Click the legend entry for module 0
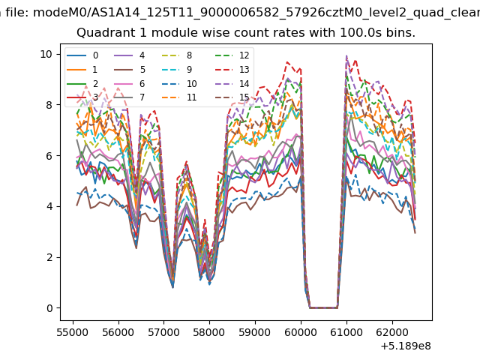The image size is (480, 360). [x=82, y=55]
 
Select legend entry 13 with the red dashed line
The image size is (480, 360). [x=232, y=70]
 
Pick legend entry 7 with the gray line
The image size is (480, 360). [x=129, y=97]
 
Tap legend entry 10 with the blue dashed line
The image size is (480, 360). [x=179, y=84]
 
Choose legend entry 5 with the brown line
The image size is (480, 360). [x=129, y=70]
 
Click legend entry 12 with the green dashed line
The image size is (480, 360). [x=232, y=55]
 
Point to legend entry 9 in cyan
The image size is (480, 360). [x=177, y=70]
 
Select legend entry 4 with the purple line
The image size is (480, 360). [x=129, y=55]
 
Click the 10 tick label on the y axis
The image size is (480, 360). [x=46, y=54]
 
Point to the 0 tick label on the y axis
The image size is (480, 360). [x=49, y=308]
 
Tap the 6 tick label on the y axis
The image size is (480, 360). [x=49, y=155]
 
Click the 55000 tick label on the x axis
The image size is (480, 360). [x=73, y=332]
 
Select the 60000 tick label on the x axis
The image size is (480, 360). [x=301, y=332]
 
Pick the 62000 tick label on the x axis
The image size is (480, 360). [x=392, y=332]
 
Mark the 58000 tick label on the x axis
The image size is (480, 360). [x=209, y=332]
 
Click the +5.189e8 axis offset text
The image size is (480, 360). [x=406, y=346]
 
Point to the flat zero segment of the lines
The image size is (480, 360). [x=323, y=308]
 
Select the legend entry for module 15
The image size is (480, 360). [x=232, y=97]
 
